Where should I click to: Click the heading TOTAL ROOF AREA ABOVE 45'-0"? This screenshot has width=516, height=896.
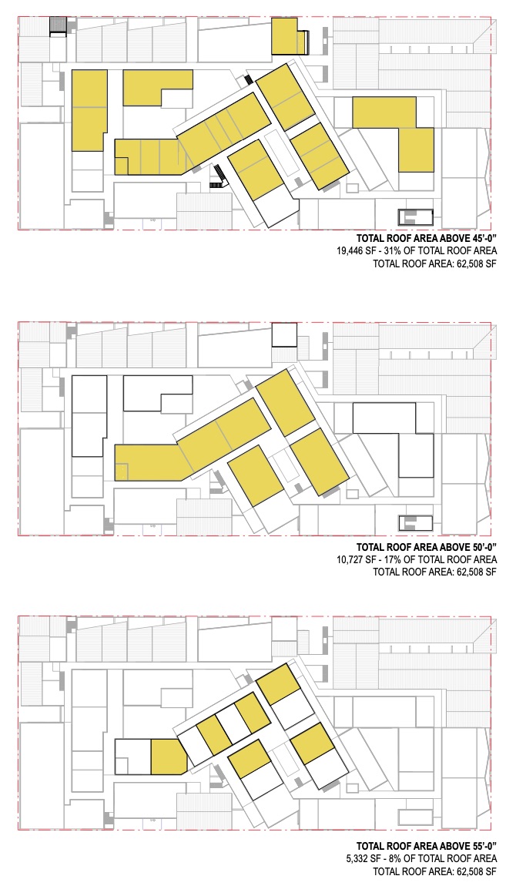pos(427,238)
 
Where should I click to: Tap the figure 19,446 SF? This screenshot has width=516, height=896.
pos(356,251)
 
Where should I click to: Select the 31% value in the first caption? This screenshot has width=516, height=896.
pos(393,251)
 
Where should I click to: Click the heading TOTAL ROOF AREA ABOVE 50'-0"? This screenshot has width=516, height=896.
pos(427,547)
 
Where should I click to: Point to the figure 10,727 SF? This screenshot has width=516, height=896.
pos(356,559)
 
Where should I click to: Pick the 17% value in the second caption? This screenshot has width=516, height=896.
pos(393,559)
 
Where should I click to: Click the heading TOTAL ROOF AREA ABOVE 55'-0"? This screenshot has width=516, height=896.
pos(427,846)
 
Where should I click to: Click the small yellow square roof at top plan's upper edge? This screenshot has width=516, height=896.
pos(284,36)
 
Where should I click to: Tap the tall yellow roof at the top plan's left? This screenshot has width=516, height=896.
pos(89,110)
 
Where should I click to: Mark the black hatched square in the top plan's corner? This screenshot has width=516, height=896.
pos(59,26)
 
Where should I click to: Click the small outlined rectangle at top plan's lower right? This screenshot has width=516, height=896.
pos(415,217)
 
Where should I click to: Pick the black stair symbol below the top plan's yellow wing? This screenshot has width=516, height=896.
pos(219,176)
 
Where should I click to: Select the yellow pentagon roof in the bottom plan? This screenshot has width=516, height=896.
pos(169,757)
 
